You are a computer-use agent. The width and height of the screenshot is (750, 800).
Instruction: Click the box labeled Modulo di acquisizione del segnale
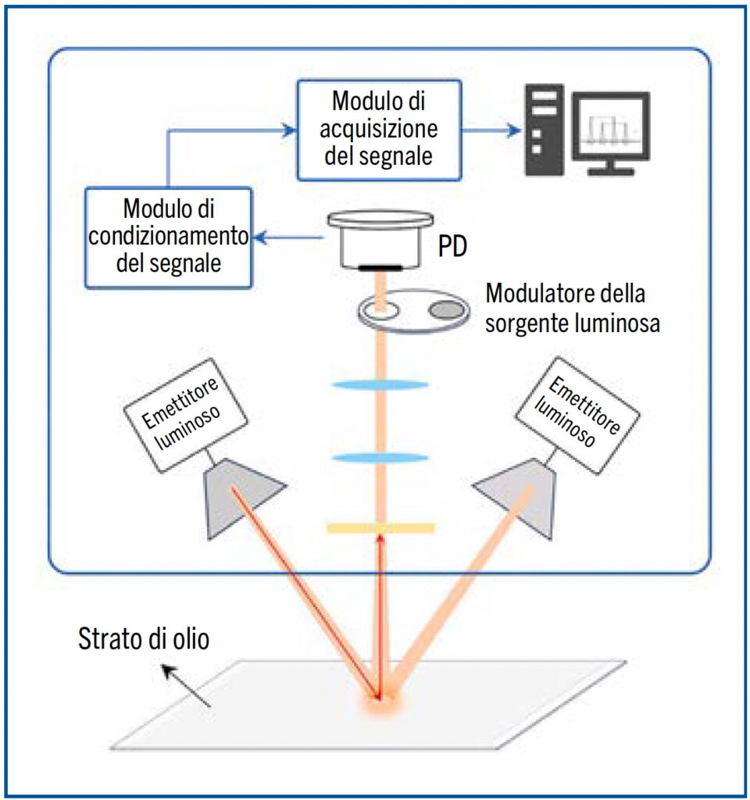click(379, 130)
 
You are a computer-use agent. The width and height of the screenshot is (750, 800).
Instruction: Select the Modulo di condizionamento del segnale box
click(169, 237)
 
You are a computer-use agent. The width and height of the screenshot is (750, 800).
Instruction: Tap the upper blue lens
click(380, 384)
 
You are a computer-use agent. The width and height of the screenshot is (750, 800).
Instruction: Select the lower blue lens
click(380, 457)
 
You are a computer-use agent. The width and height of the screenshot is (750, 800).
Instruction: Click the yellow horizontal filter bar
click(380, 529)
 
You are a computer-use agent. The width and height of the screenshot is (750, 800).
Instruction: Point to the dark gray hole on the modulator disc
click(447, 310)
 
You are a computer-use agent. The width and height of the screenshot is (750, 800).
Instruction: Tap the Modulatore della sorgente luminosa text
click(572, 309)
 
